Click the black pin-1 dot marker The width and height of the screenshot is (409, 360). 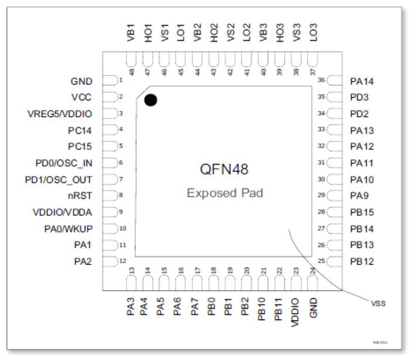point(150,100)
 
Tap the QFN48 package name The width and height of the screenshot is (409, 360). point(224,170)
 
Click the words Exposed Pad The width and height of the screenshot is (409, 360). point(224,193)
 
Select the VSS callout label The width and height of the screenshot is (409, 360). point(379,303)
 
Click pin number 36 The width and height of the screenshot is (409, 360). point(321,80)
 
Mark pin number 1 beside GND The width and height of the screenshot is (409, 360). point(120,80)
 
